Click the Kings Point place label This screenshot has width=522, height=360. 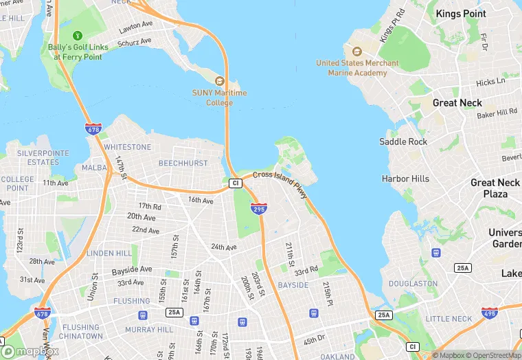[461, 14]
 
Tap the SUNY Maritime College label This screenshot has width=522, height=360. [220, 98]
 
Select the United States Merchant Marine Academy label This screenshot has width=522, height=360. [357, 68]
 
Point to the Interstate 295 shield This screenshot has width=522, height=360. [258, 208]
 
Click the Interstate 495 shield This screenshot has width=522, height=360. [490, 313]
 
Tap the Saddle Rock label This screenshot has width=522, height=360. [403, 142]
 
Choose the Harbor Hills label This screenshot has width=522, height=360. [405, 179]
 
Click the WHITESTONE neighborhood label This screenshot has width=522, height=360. [128, 147]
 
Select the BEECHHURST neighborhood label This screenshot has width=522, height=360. [183, 164]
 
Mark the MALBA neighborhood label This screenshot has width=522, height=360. [95, 168]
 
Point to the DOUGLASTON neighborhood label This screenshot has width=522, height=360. [413, 283]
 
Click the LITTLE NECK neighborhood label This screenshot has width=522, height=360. [449, 319]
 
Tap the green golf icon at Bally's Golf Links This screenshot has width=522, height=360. [77, 35]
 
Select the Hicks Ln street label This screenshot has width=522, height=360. [490, 82]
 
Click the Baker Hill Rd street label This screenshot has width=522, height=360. [497, 112]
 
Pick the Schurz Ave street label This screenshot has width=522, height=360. [135, 42]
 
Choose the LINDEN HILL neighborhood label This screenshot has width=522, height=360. [109, 254]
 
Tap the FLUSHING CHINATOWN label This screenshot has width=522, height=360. [80, 332]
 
